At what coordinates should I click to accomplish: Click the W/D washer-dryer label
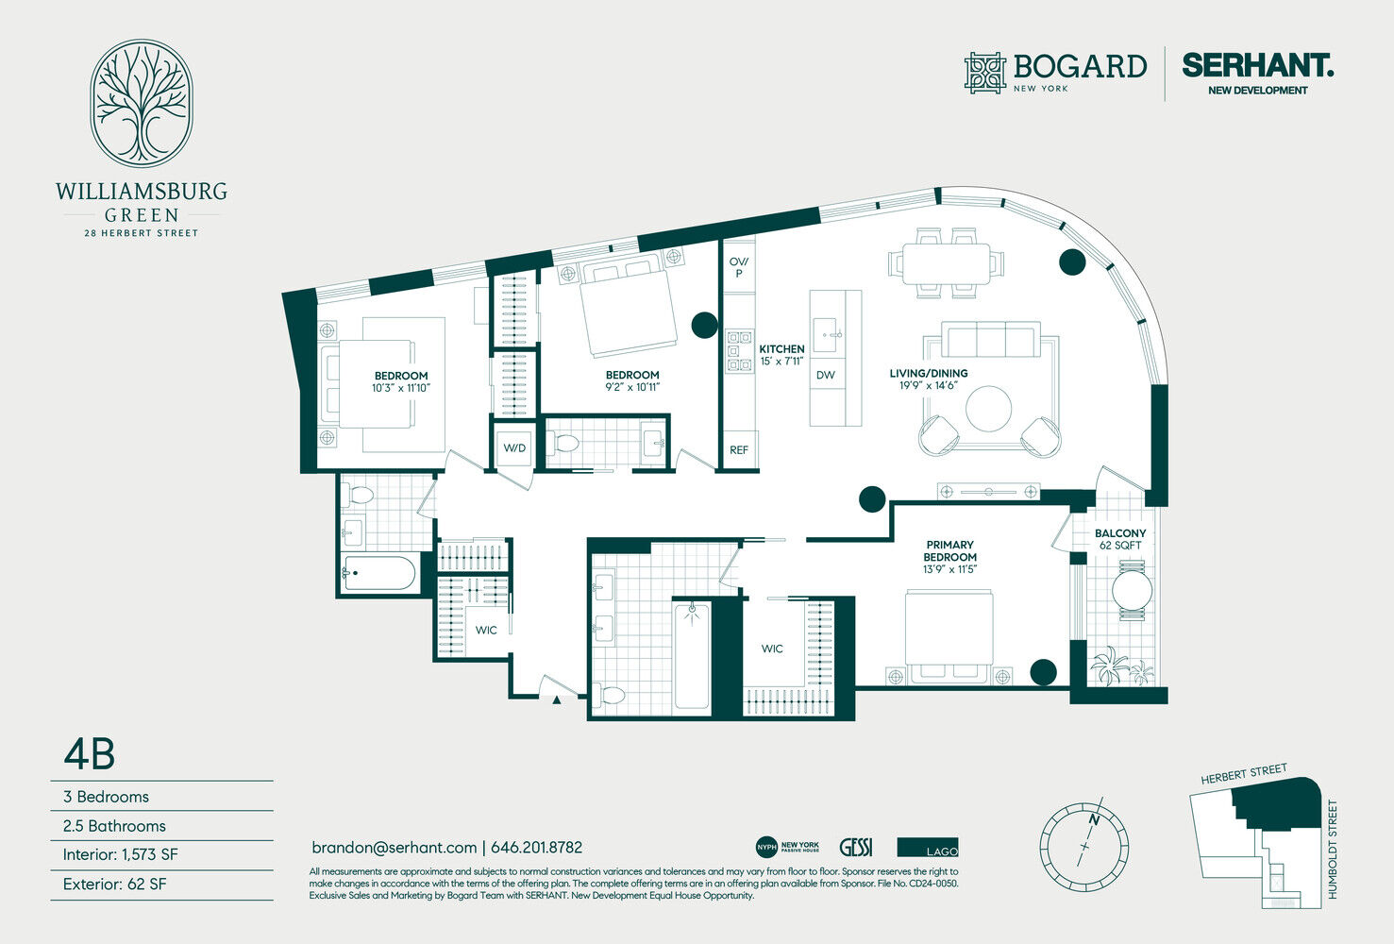coord(514,448)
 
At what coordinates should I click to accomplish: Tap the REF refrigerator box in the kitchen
coord(739,449)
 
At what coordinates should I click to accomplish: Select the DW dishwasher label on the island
coord(826,375)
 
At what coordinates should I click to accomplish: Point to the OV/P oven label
coord(739,267)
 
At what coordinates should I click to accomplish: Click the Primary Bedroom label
coord(949,550)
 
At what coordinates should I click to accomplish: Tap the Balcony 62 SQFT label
coord(1120,539)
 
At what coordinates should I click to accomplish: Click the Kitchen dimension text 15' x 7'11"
coord(781,361)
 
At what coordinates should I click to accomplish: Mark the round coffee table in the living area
coord(988,409)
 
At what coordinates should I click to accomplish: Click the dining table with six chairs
coord(946,263)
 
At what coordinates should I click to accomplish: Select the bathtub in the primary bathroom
coord(692,654)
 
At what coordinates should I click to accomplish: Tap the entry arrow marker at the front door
coord(557,700)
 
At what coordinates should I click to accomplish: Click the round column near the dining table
coord(1071,262)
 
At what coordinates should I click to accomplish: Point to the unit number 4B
coord(90,755)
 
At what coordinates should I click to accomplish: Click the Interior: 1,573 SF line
coord(120,854)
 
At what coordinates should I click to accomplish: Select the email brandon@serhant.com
coord(394,848)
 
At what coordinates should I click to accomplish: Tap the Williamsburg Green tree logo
coord(142,103)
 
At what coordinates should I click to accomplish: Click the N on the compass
coord(1094,820)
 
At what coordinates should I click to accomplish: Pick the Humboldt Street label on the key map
coord(1332,850)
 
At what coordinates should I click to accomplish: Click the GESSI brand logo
coord(856,848)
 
